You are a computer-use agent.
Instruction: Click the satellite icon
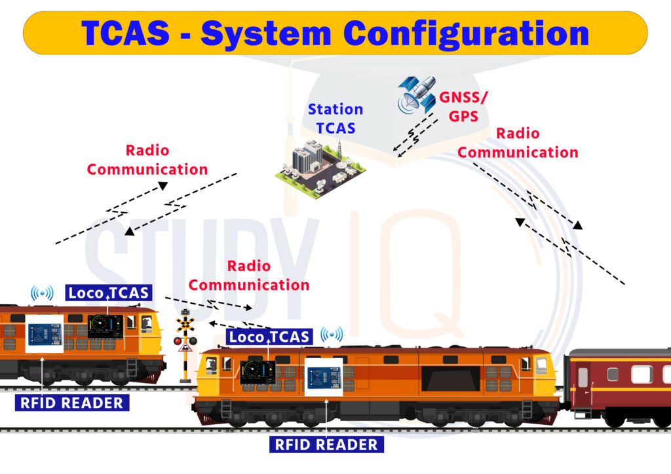417,94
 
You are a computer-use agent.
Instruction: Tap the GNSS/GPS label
464,107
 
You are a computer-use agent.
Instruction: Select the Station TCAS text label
335,119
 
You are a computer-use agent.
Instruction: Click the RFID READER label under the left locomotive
72,402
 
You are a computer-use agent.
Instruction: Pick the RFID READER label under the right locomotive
326,445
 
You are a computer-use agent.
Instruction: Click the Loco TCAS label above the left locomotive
108,293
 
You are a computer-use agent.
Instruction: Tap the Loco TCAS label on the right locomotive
269,337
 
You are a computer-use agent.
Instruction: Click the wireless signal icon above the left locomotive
42,293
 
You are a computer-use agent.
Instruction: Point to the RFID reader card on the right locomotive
324,377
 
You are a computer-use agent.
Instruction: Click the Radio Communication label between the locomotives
249,276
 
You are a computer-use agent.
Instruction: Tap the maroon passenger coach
619,386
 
